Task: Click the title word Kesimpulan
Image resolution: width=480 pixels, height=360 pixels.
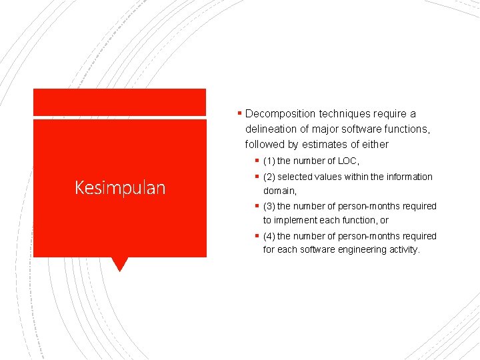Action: [120, 188]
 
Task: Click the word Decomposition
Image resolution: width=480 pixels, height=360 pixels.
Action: [281, 114]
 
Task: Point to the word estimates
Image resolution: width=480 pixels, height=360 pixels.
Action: [320, 144]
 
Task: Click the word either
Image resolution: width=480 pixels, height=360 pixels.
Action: [375, 144]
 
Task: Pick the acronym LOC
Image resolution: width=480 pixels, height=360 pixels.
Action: [347, 161]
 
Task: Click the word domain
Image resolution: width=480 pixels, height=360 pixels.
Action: [279, 191]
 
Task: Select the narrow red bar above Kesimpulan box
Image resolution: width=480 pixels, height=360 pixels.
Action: [120, 102]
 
